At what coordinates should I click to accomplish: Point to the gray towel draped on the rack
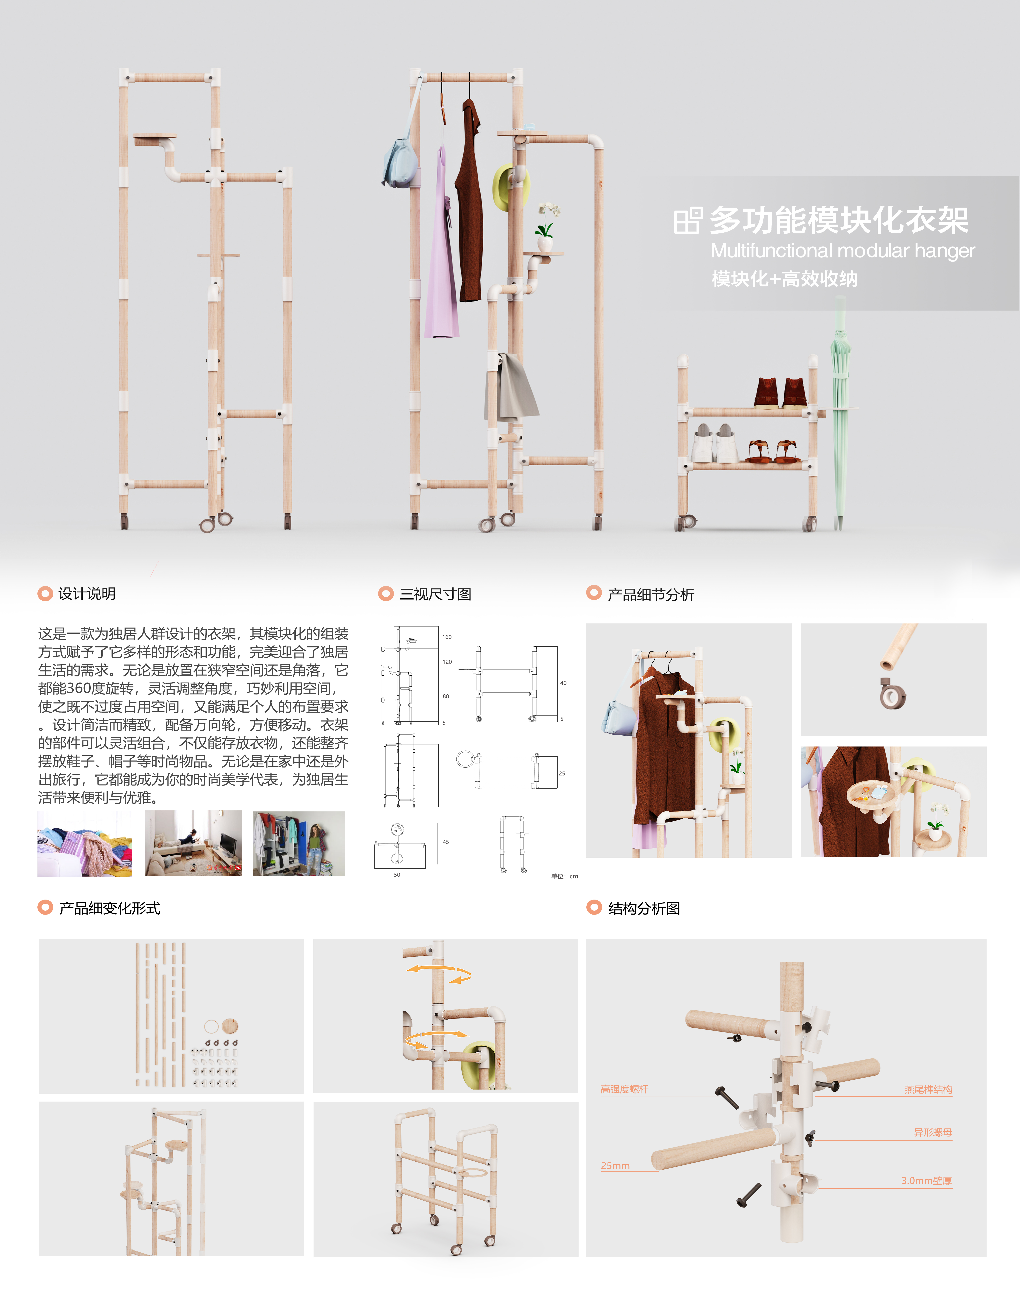click(x=512, y=387)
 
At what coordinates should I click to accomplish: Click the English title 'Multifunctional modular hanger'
click(x=842, y=251)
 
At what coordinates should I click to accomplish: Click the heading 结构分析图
click(x=644, y=908)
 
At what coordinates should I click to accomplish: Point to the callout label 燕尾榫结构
click(x=928, y=1089)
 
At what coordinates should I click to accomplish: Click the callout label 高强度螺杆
click(x=625, y=1089)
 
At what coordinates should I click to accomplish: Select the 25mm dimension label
click(x=615, y=1166)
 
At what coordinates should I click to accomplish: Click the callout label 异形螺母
click(x=933, y=1132)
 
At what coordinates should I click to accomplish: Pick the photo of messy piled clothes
click(x=85, y=843)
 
